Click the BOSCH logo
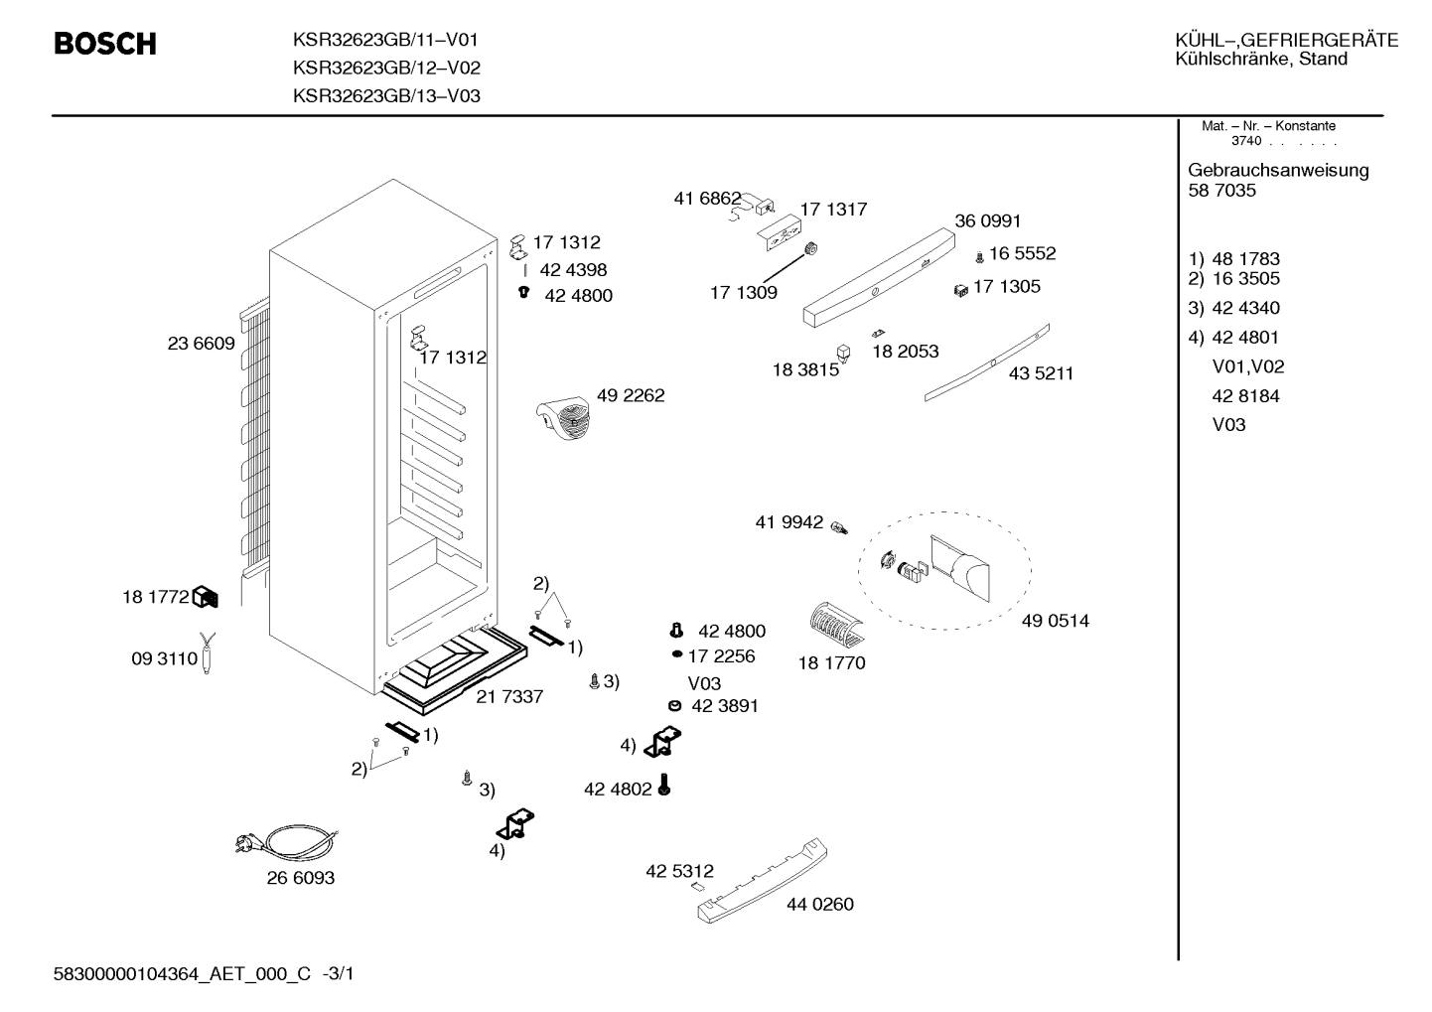pyautogui.click(x=105, y=44)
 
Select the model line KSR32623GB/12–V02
pyautogui.click(x=386, y=68)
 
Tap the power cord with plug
pyautogui.click(x=286, y=843)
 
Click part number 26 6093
pyautogui.click(x=301, y=878)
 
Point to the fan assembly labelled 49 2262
pyautogui.click(x=563, y=418)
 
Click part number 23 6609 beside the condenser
pyautogui.click(x=202, y=344)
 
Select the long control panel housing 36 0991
pyautogui.click(x=879, y=277)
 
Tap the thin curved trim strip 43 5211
pyautogui.click(x=987, y=363)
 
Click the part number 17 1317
pyautogui.click(x=833, y=209)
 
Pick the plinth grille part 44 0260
pyautogui.click(x=762, y=881)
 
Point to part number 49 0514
pyautogui.click(x=1055, y=621)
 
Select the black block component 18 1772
pyautogui.click(x=206, y=597)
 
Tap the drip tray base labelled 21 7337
pyautogui.click(x=455, y=670)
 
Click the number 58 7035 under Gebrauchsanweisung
pyautogui.click(x=1221, y=191)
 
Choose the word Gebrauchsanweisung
pyautogui.click(x=1278, y=170)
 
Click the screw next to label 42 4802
pyautogui.click(x=664, y=785)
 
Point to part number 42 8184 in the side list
pyautogui.click(x=1245, y=396)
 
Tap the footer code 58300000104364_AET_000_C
pyautogui.click(x=182, y=974)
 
